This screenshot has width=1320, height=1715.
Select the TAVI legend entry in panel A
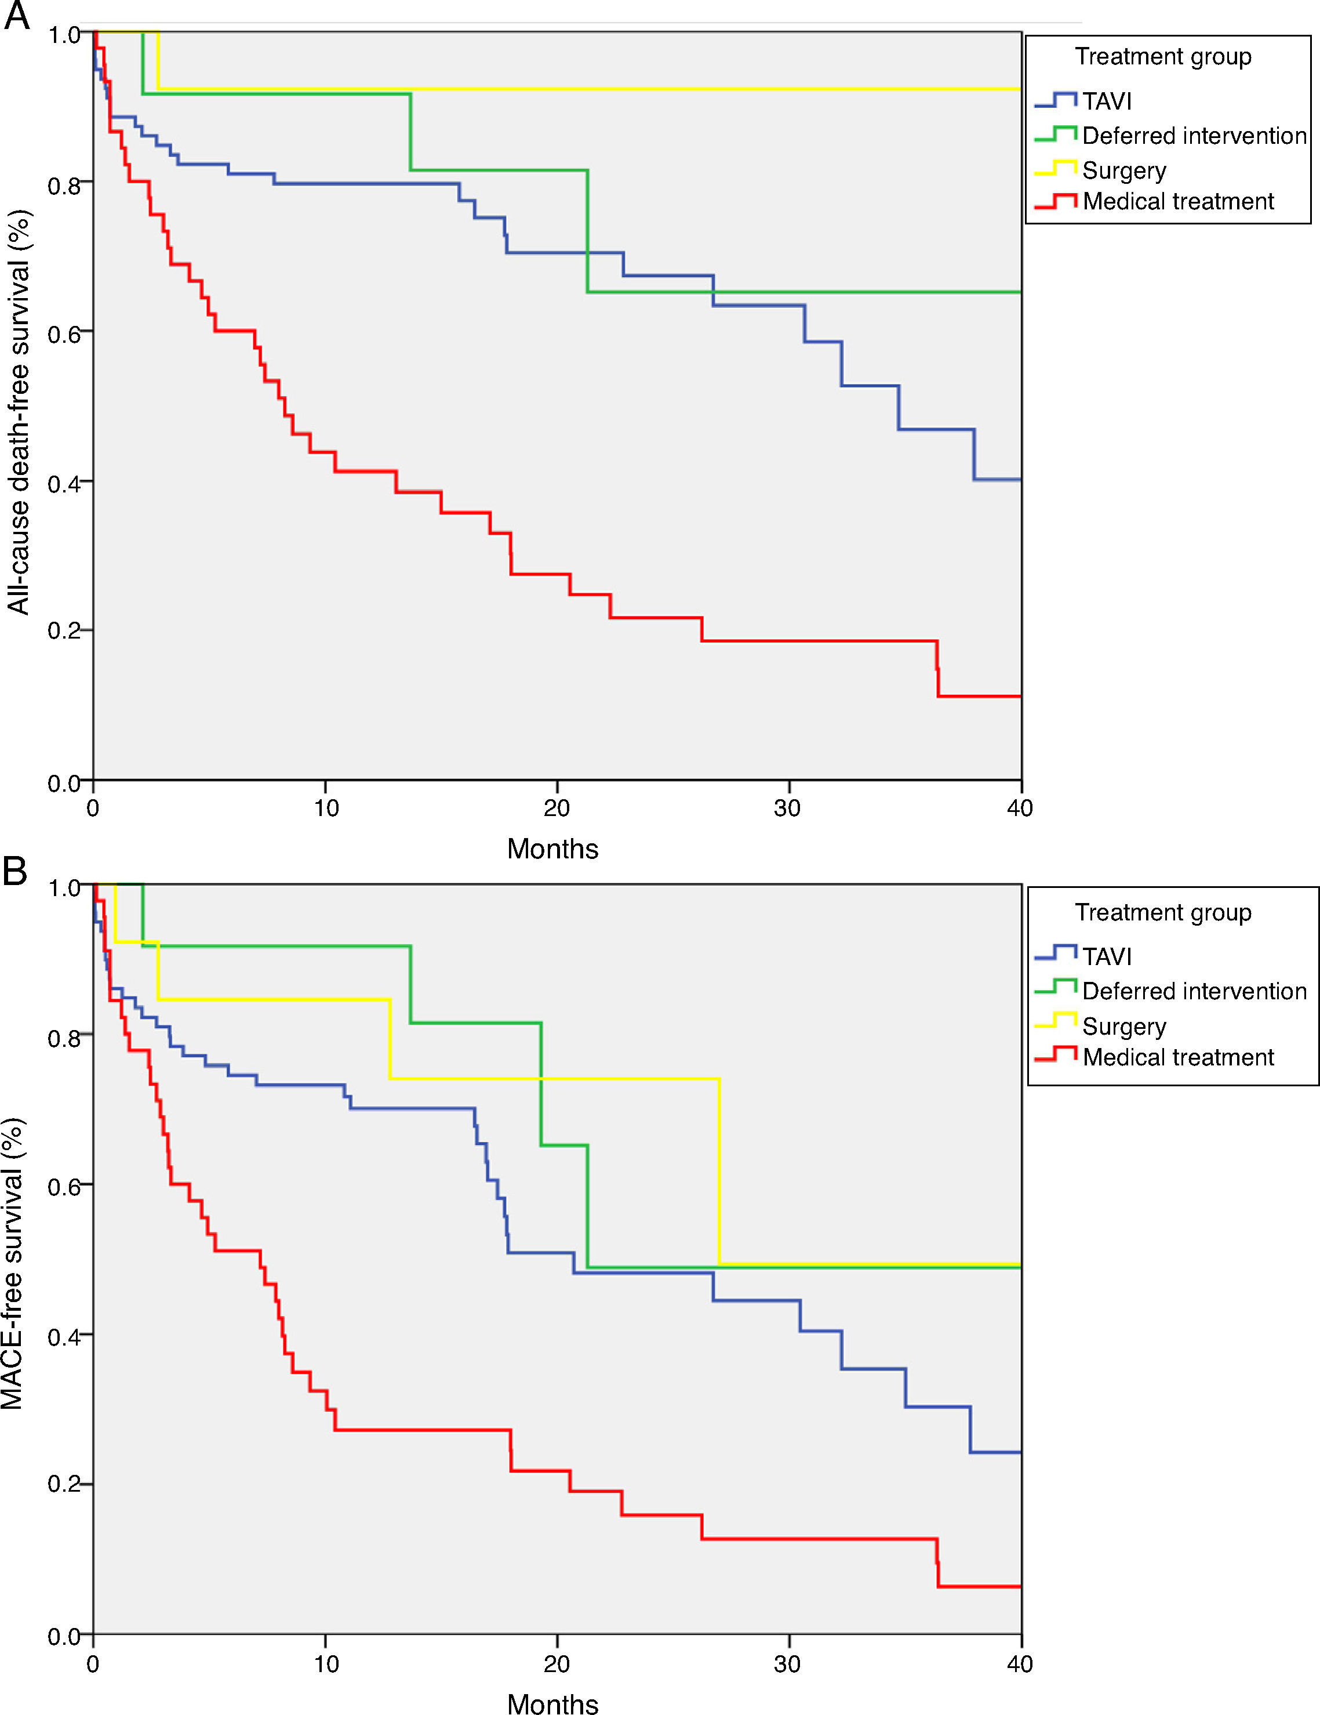click(x=1107, y=101)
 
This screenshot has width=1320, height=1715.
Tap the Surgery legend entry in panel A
click(x=1124, y=171)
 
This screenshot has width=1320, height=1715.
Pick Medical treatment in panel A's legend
click(x=1177, y=202)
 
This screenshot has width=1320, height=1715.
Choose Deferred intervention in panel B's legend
click(x=1194, y=991)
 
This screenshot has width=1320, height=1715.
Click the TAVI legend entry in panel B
click(x=1107, y=956)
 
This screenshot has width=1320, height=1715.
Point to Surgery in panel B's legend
click(x=1124, y=1027)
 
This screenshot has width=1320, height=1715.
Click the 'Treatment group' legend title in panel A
click(x=1163, y=56)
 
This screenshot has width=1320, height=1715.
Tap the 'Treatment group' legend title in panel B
click(x=1163, y=912)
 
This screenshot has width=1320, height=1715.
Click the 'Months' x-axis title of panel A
click(x=552, y=849)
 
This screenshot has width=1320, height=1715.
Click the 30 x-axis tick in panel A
click(x=788, y=808)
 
